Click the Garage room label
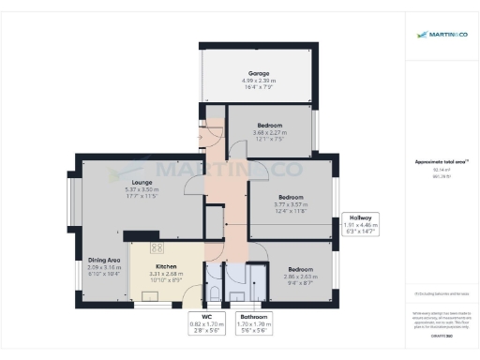pos(258,73)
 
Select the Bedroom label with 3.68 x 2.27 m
pos(271,127)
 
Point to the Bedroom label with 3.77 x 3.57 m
pos(291,197)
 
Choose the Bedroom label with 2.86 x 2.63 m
pos(301,268)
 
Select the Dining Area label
pos(103,260)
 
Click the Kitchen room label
pos(166,266)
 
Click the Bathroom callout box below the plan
pos(254,322)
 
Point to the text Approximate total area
pos(440,161)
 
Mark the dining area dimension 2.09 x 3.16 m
pos(103,267)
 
